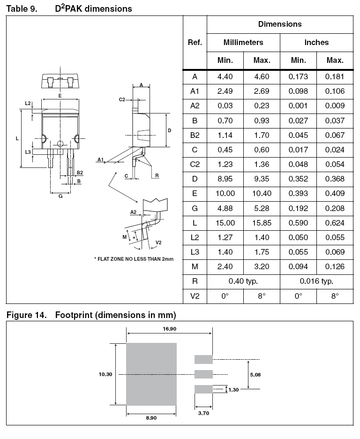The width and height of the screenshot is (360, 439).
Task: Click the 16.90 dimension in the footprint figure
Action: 170,329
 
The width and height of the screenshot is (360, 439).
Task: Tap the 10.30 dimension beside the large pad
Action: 106,374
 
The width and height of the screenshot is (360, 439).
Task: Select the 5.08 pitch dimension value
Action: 255,374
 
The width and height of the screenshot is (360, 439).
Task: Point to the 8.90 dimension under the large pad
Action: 151,418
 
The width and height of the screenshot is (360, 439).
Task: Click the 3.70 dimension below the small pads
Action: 203,413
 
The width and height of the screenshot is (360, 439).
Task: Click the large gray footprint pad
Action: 151,374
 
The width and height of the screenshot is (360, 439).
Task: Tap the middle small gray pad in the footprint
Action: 203,374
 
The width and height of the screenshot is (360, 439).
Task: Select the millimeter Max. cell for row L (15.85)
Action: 261,223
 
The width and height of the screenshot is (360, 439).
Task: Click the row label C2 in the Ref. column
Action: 195,164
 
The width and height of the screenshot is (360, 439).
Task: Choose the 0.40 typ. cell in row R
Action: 243,281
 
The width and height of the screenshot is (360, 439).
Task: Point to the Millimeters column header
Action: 243,42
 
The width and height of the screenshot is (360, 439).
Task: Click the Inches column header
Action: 316,42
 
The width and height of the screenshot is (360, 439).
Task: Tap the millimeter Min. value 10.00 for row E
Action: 225,194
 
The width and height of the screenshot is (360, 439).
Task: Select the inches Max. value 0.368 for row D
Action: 335,179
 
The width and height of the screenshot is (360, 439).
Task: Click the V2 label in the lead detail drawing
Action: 158,242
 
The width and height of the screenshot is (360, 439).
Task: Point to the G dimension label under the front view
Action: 60,197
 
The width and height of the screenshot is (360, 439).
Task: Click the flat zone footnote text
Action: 134,259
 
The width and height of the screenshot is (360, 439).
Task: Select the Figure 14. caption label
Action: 26,315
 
